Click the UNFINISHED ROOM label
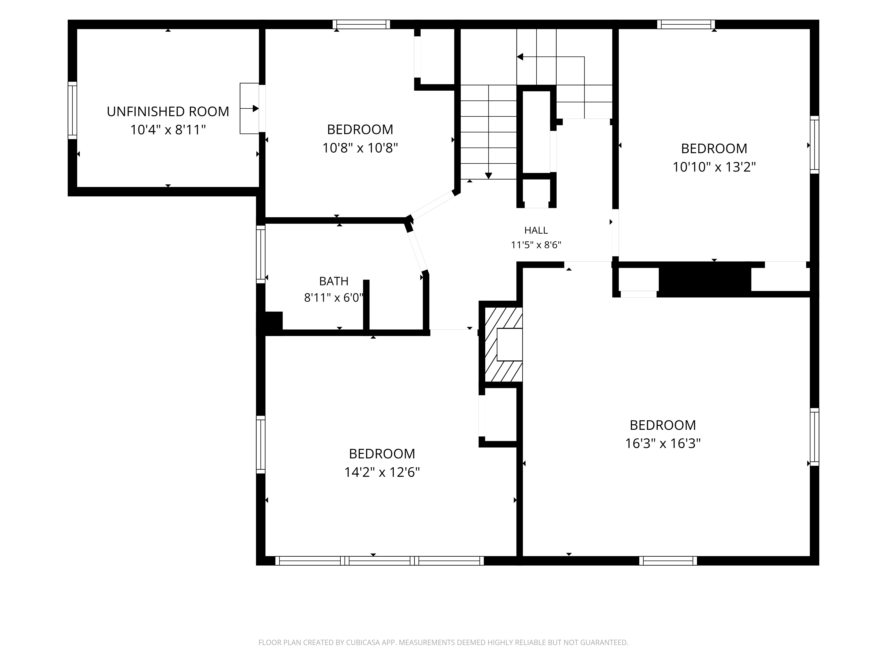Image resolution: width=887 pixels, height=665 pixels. [x=168, y=111]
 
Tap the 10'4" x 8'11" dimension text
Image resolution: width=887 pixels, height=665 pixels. [x=168, y=130]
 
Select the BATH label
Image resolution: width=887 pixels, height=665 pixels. [x=334, y=281]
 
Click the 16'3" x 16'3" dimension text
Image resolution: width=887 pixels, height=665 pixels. [x=663, y=443]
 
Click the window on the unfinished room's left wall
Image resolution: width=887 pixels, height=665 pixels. [x=72, y=110]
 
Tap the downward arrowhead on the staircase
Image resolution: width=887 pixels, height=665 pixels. [x=489, y=176]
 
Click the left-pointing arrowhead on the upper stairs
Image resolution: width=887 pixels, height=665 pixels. [x=520, y=57]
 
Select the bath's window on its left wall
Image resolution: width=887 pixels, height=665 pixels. [x=261, y=254]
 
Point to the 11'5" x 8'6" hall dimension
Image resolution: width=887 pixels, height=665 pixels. [x=536, y=245]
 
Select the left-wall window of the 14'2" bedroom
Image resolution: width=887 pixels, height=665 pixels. [x=261, y=444]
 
